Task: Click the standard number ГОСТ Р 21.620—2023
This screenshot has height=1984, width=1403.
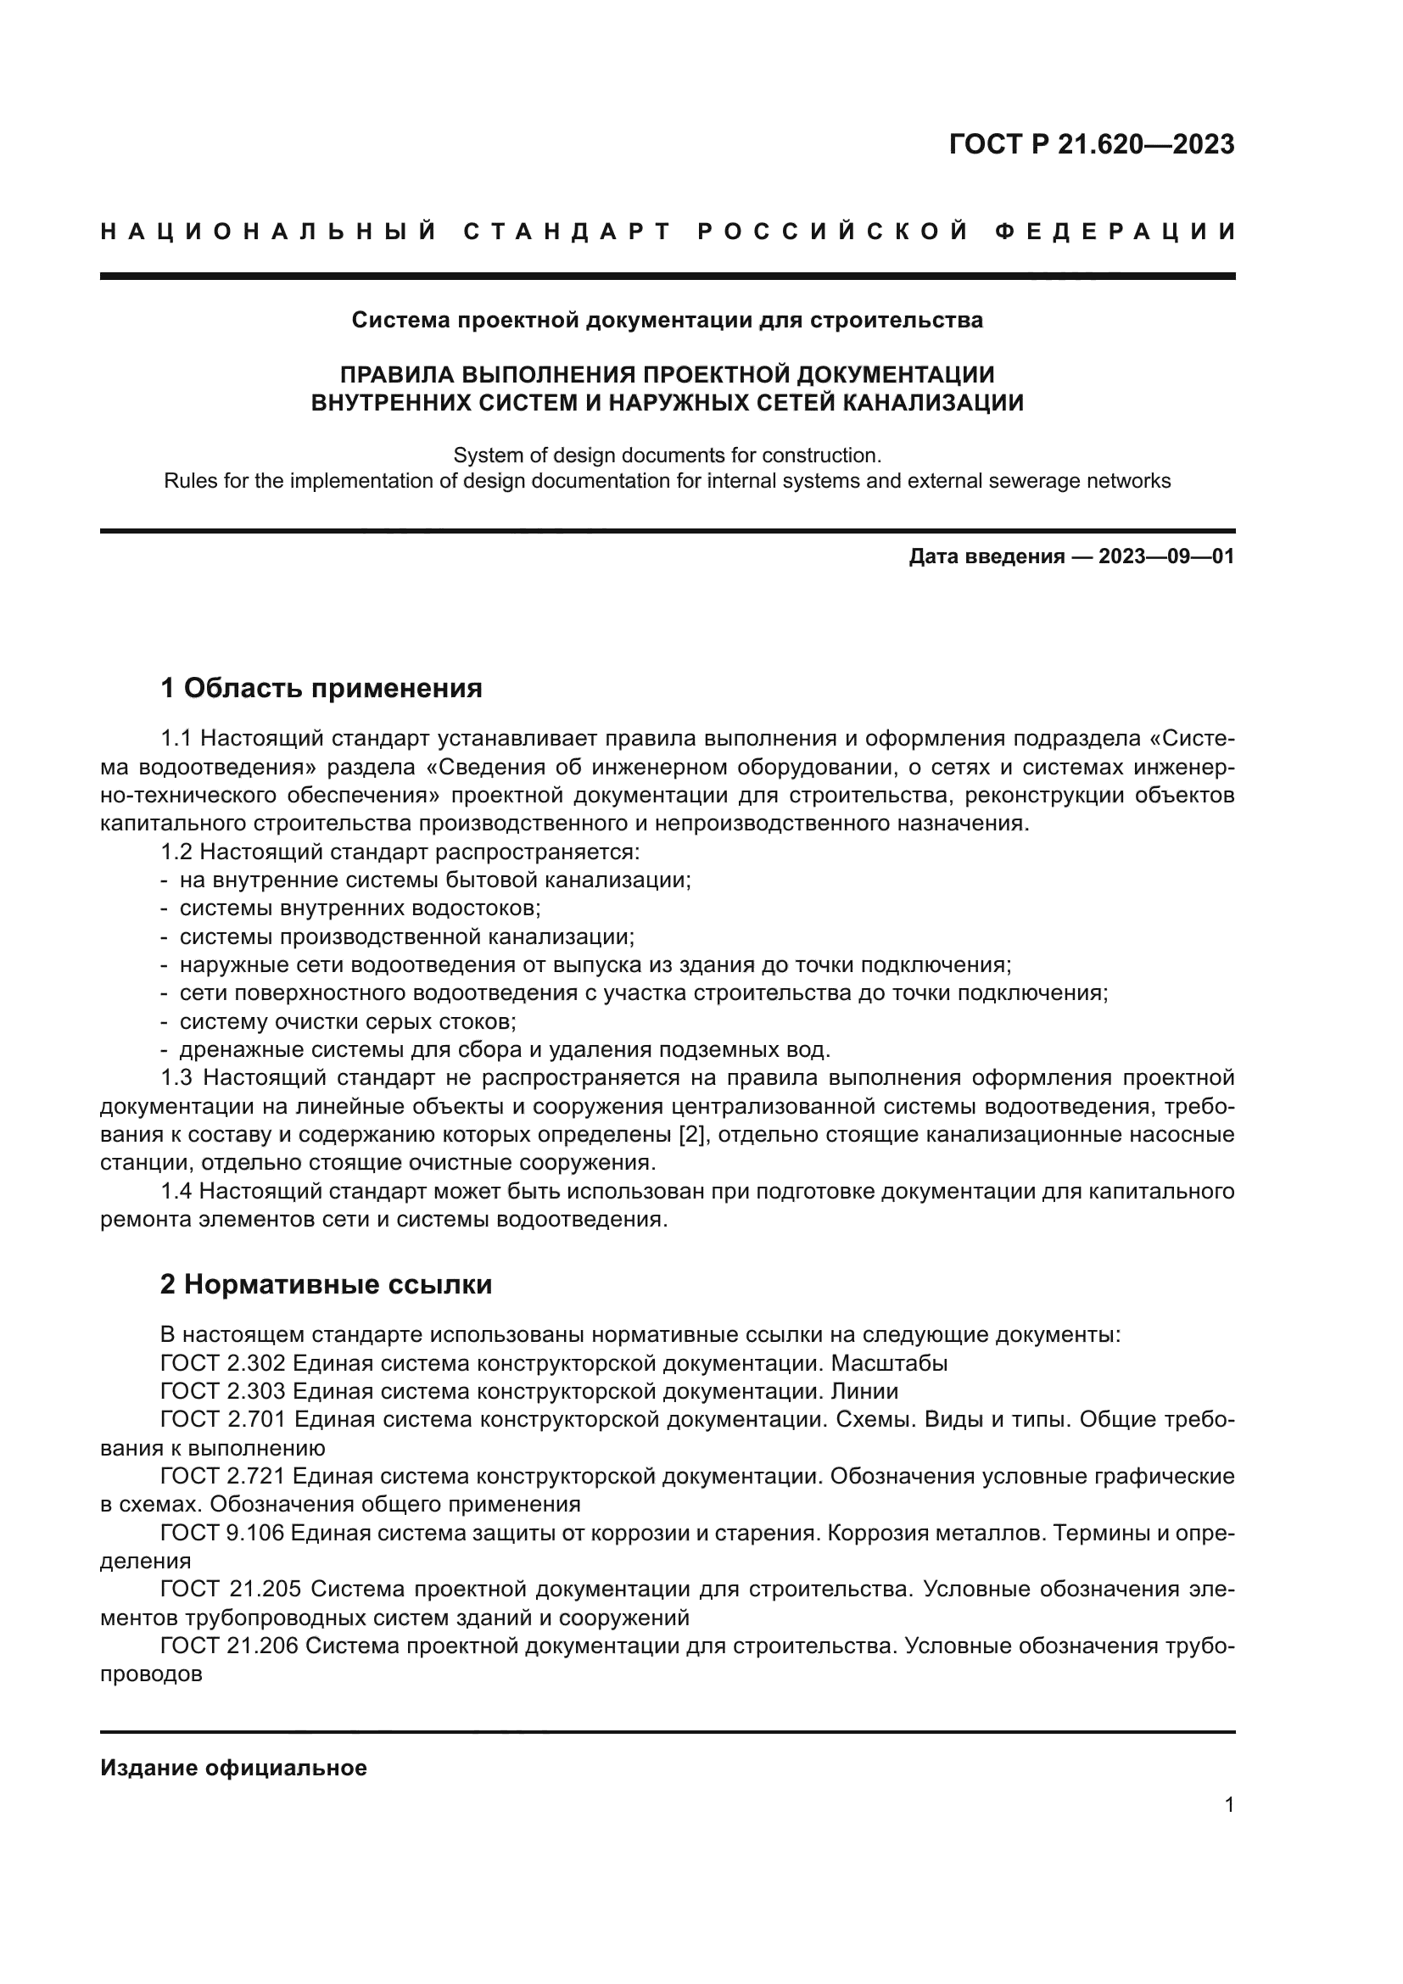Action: (x=1091, y=144)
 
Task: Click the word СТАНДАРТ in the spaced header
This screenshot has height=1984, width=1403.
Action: (x=567, y=232)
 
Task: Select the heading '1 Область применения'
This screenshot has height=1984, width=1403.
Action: (x=321, y=689)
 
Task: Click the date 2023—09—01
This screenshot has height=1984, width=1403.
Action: (x=1166, y=556)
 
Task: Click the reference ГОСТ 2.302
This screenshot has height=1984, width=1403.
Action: (x=223, y=1364)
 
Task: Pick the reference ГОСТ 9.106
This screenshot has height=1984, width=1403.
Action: (x=223, y=1534)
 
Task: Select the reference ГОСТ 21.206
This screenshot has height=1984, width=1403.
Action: (x=230, y=1647)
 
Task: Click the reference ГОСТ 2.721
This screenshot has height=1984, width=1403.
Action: (x=223, y=1477)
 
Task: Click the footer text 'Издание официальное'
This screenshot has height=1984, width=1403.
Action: (x=234, y=1768)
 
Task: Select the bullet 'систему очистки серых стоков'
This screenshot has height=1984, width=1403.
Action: (x=348, y=1021)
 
